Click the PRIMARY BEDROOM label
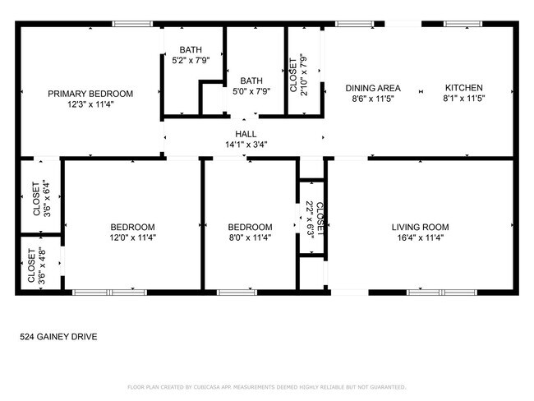pos(90,94)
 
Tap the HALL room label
pos(246,134)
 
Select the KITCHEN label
pos(464,88)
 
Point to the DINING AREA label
pos(372,88)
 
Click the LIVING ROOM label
pos(420,227)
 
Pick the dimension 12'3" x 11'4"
pos(90,104)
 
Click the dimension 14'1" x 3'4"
pos(246,145)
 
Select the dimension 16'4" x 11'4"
pos(420,237)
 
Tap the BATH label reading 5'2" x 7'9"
pos(191,49)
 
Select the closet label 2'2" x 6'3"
pos(313,219)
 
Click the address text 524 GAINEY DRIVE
pos(58,336)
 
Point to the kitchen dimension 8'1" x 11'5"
pos(464,99)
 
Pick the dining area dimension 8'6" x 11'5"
pos(372,99)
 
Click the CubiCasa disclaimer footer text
pos(266,386)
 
